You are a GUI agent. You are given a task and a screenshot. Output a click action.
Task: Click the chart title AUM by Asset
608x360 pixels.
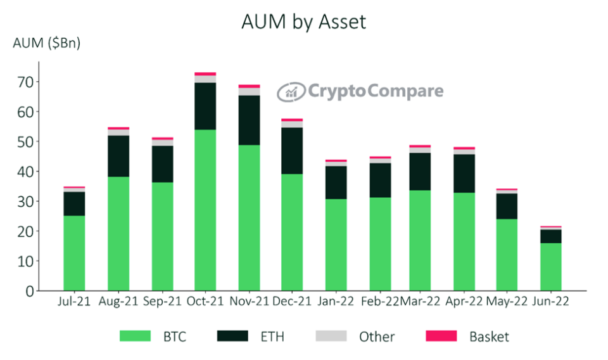click(303, 22)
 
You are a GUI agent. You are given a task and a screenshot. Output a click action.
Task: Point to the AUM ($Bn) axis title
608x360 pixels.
click(47, 44)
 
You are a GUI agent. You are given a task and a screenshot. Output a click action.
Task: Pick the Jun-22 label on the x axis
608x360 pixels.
click(550, 302)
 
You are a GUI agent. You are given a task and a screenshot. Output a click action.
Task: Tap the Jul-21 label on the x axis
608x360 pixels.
click(74, 302)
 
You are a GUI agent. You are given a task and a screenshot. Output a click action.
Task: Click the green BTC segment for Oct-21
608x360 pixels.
click(205, 209)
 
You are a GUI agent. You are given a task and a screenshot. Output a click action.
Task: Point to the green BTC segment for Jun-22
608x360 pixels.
click(550, 266)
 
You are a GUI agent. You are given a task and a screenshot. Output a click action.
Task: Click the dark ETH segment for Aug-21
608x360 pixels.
click(118, 156)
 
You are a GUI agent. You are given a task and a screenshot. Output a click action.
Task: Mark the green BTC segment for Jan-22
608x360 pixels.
click(336, 245)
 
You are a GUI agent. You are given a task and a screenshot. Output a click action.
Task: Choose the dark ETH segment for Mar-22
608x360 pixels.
click(421, 171)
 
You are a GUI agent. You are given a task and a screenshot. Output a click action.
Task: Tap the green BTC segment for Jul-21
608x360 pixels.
click(74, 253)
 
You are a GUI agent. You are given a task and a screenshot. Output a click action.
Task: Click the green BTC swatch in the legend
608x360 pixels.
click(136, 336)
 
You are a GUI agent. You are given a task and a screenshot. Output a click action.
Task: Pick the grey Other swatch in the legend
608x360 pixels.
click(331, 336)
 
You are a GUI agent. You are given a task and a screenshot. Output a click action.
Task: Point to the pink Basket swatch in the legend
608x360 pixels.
click(441, 336)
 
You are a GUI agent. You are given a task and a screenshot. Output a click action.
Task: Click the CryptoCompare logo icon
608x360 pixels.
click(291, 91)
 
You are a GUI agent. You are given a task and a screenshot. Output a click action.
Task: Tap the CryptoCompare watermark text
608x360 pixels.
click(375, 91)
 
